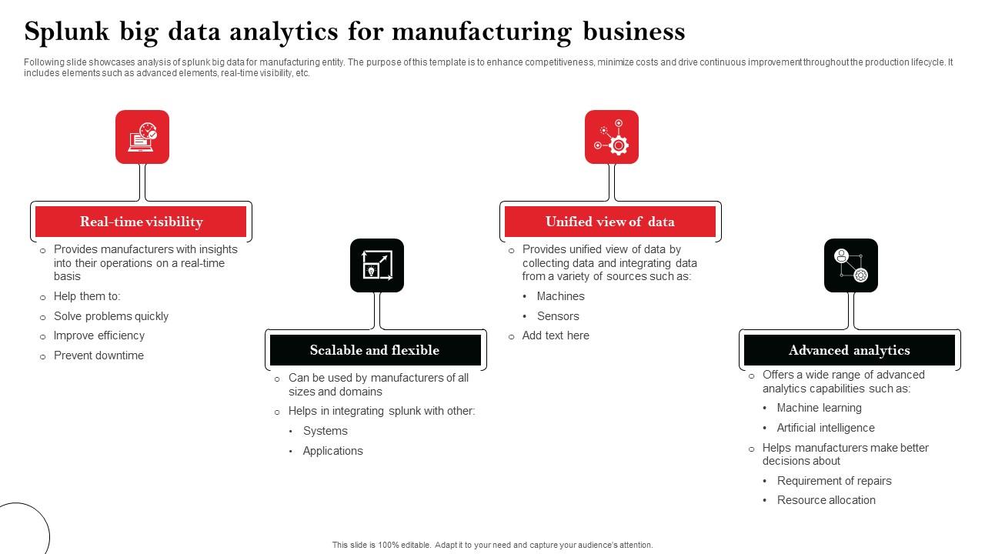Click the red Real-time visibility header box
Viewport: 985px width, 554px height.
click(141, 222)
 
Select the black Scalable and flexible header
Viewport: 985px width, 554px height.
click(375, 350)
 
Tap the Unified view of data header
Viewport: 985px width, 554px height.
click(609, 222)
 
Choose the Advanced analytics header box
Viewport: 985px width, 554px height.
click(849, 350)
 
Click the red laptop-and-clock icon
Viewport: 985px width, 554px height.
click(142, 137)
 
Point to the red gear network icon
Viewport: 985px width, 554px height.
click(612, 137)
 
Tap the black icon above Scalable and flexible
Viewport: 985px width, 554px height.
click(377, 265)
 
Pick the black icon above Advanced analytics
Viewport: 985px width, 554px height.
click(851, 265)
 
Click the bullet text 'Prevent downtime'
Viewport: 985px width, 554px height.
click(98, 355)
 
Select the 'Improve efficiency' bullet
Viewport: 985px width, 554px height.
click(98, 335)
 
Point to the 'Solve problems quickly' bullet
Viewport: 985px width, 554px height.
click(111, 316)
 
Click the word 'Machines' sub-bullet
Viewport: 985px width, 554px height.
click(560, 296)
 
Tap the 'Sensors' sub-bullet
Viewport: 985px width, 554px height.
click(558, 316)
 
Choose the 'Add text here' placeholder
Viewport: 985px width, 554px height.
click(556, 335)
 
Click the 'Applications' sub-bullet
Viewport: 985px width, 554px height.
click(332, 451)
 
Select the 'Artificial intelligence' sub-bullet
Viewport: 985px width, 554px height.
click(826, 428)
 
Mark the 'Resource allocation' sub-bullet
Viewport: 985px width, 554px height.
click(826, 500)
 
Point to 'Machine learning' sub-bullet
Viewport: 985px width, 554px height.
click(819, 408)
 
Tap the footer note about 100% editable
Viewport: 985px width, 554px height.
click(492, 545)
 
